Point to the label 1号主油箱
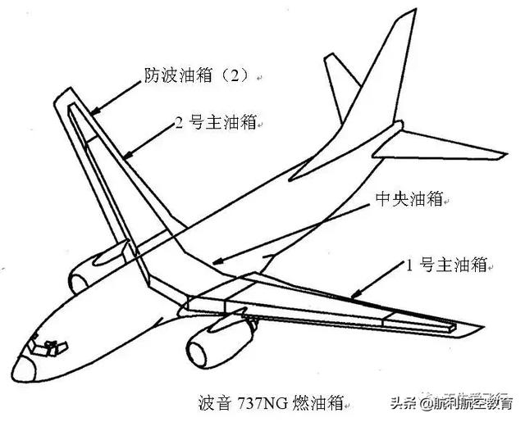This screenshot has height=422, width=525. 447,265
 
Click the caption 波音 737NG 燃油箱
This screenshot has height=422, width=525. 272,402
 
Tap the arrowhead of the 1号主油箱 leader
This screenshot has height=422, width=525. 349,294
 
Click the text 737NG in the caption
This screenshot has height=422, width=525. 261,402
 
